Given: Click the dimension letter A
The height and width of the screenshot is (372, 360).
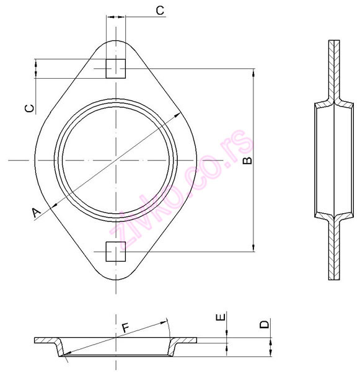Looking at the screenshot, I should click(37, 212).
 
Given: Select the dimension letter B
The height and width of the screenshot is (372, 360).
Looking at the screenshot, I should click(246, 161).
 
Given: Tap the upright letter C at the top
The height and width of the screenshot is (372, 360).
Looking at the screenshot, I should click(159, 10).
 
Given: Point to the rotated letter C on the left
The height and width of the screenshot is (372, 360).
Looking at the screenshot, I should click(29, 108).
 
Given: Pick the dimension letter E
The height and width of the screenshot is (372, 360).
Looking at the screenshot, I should click(219, 318).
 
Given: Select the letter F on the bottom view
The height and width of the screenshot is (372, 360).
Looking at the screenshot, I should click(126, 327).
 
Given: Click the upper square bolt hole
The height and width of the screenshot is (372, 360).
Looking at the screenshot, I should click(116, 69).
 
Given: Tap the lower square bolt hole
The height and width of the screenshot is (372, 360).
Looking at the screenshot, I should click(116, 252).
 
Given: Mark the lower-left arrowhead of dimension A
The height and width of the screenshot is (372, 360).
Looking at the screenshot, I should click(52, 206).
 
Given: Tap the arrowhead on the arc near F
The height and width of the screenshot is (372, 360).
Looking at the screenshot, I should click(166, 324).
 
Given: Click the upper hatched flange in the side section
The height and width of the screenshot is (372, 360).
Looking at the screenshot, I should click(334, 68).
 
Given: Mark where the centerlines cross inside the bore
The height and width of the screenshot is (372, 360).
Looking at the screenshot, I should click(116, 161).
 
